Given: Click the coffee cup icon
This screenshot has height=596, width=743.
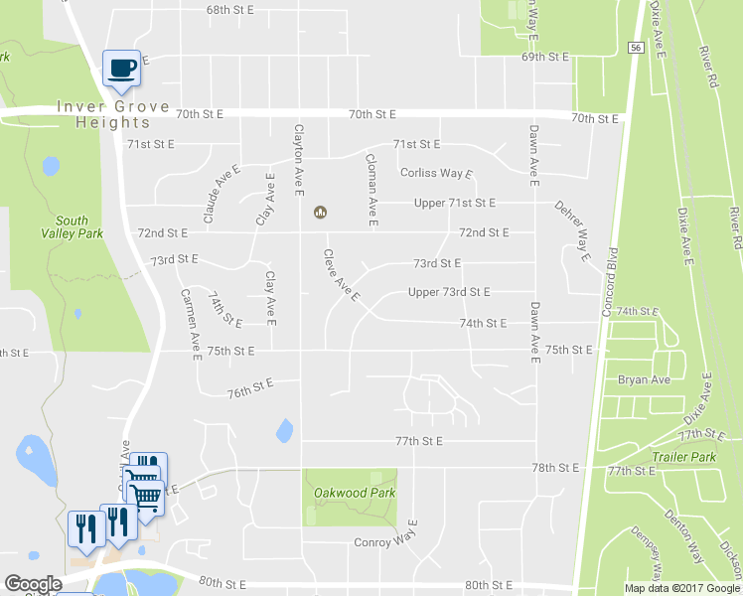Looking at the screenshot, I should pos(122,68).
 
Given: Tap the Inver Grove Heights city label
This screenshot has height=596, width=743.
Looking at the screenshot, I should pos(103,114).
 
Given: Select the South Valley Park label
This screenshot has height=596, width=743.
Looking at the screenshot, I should pos(72,227).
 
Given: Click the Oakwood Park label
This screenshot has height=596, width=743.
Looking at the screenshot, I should pos(355,493).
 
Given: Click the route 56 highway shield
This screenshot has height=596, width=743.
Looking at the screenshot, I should pos(635,47).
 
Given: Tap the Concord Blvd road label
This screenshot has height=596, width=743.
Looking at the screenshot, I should pos(610,281).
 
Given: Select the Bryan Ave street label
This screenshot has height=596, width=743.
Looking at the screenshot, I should pos(646,379).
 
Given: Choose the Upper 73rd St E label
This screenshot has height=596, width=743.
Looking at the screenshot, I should pos(449,292).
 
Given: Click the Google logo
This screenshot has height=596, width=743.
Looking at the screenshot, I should pos(34,584).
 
